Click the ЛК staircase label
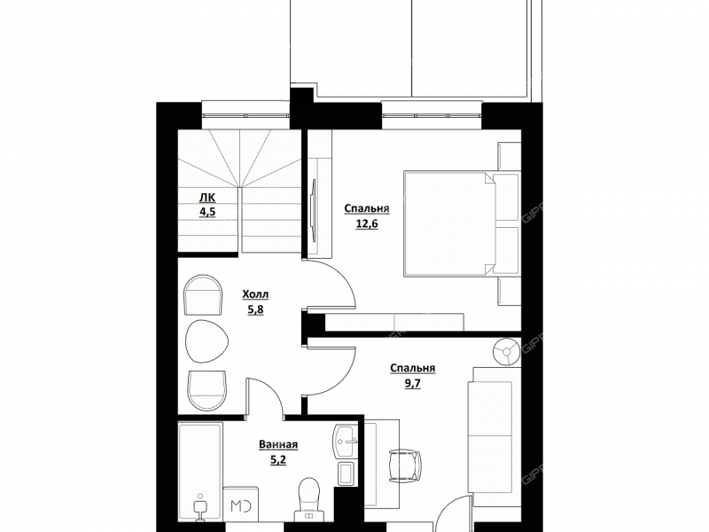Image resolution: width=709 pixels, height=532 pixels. [x=207, y=198]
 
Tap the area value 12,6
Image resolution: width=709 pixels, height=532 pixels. [x=367, y=224]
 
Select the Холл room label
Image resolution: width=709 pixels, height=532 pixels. [x=255, y=294]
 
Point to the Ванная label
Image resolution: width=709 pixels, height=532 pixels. [x=278, y=445]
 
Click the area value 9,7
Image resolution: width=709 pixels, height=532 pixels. [x=412, y=384]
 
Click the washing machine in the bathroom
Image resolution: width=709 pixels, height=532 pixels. [x=241, y=505]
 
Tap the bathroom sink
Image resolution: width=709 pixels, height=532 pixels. [x=346, y=442]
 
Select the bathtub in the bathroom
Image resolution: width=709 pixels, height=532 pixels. [x=200, y=473]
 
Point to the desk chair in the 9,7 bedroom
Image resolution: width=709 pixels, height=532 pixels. [x=404, y=465]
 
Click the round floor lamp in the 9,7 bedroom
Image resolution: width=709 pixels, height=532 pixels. [x=506, y=350]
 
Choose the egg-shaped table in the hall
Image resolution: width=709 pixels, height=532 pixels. [x=206, y=341]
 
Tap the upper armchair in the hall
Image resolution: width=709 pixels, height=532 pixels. [x=204, y=294]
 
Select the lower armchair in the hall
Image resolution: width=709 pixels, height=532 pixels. [x=206, y=391]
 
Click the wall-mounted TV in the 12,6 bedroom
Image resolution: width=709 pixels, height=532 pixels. [x=313, y=210]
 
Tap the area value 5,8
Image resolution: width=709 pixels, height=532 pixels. [x=255, y=309]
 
